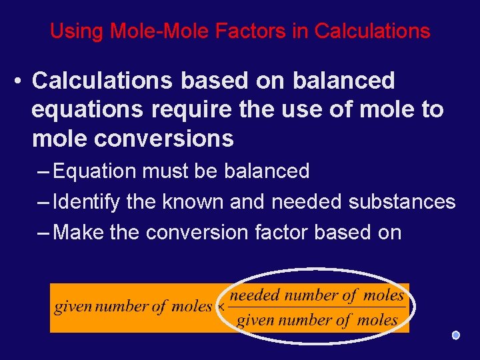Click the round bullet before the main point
(18, 81)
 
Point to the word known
(193, 201)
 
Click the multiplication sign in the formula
(220, 308)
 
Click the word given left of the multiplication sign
(73, 307)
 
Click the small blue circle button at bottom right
(455, 335)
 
